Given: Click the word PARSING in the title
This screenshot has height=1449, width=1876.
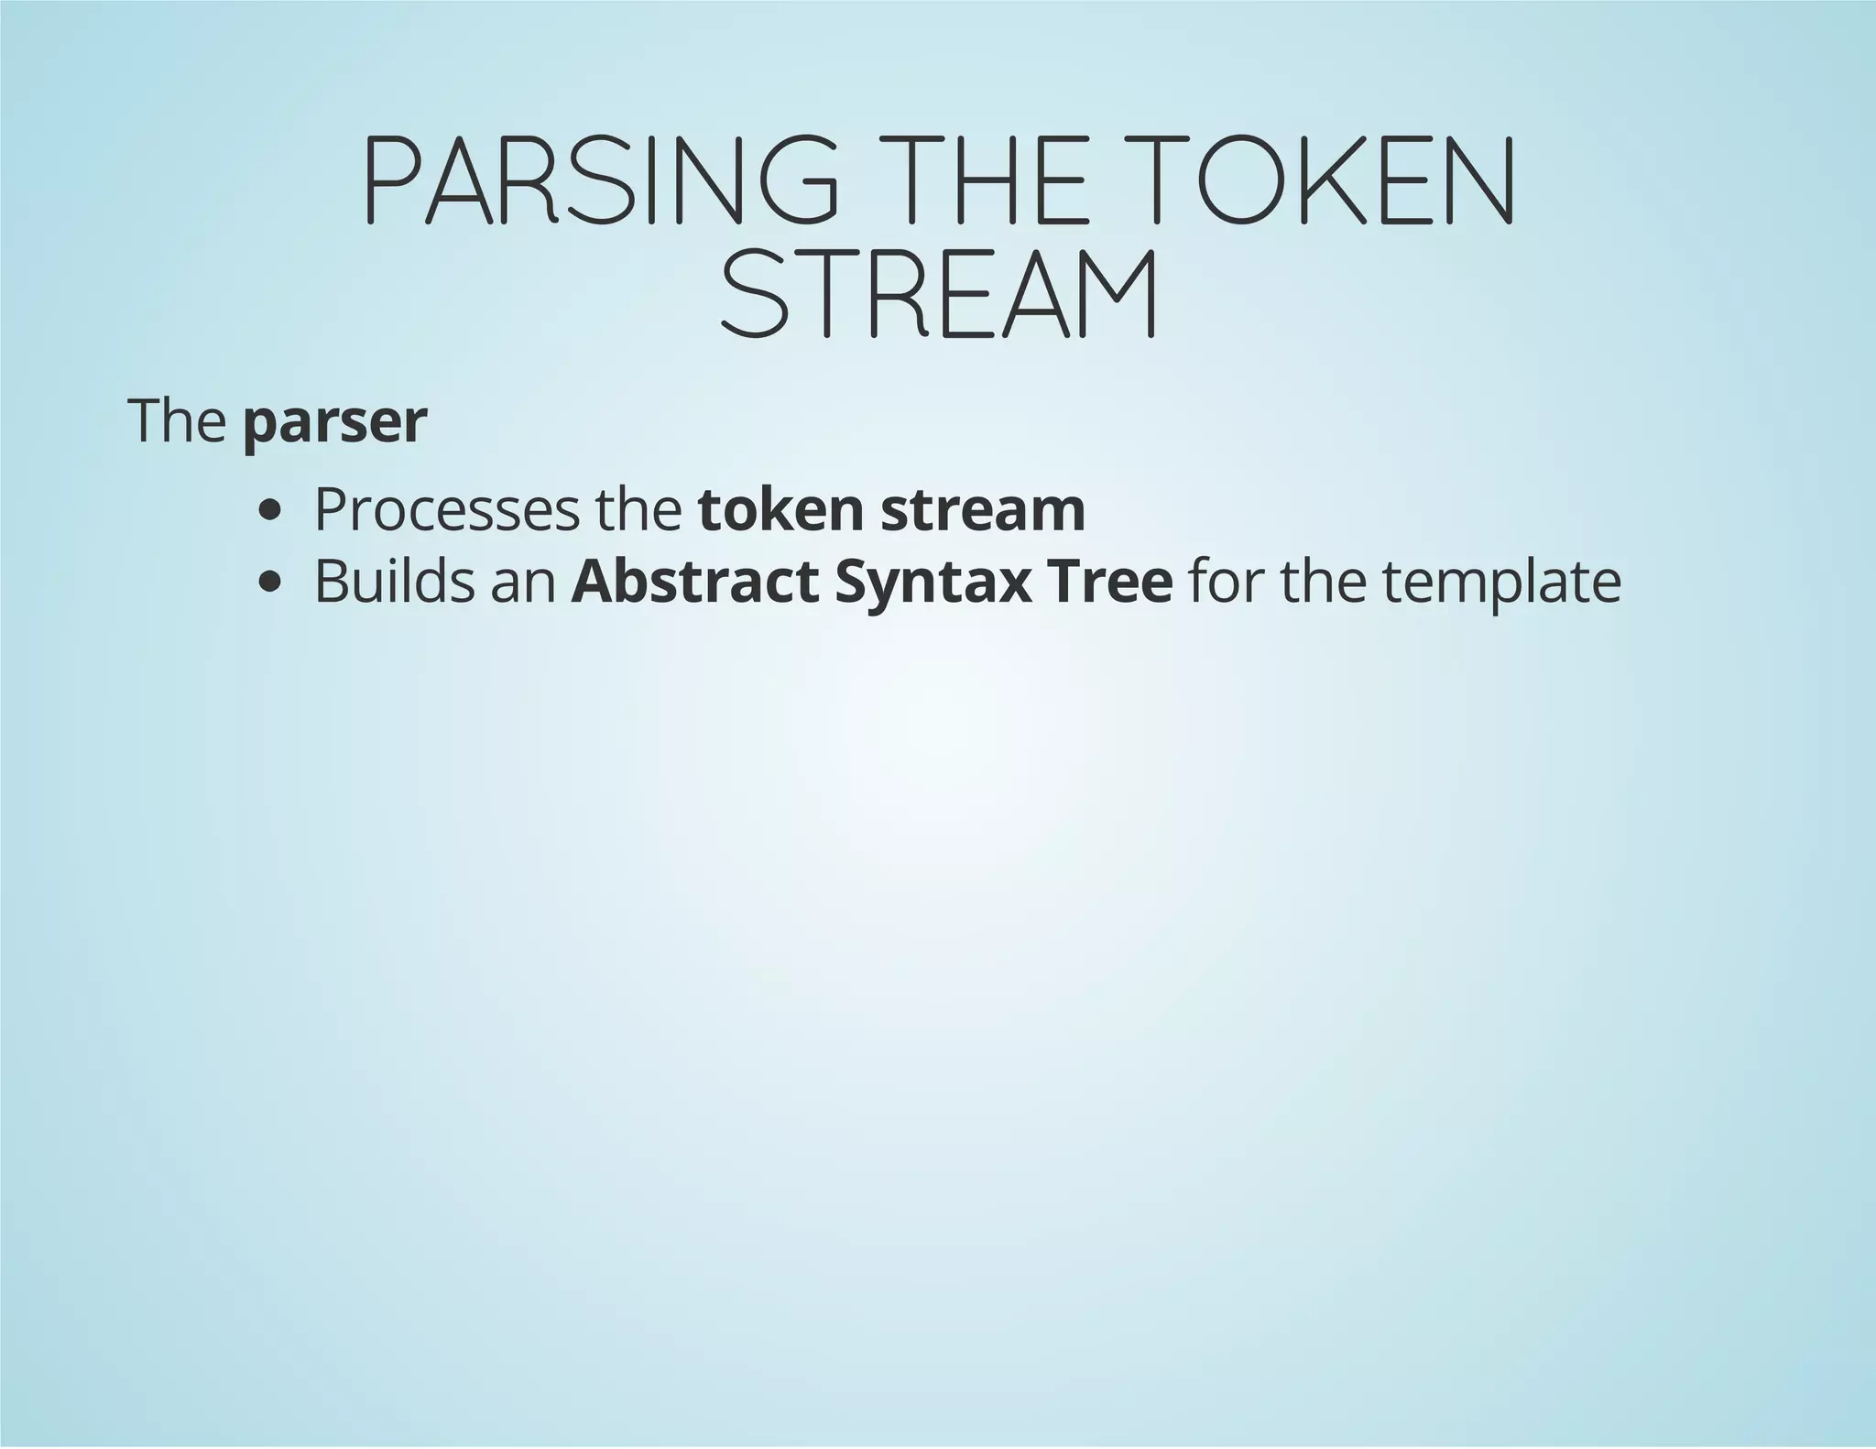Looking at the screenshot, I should [600, 180].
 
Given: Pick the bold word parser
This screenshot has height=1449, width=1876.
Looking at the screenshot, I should [335, 422].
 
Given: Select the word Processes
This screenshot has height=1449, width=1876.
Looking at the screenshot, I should [447, 510].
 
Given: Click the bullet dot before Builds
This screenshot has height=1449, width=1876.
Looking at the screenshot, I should [269, 582].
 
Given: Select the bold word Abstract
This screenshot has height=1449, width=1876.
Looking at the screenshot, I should [695, 581].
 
